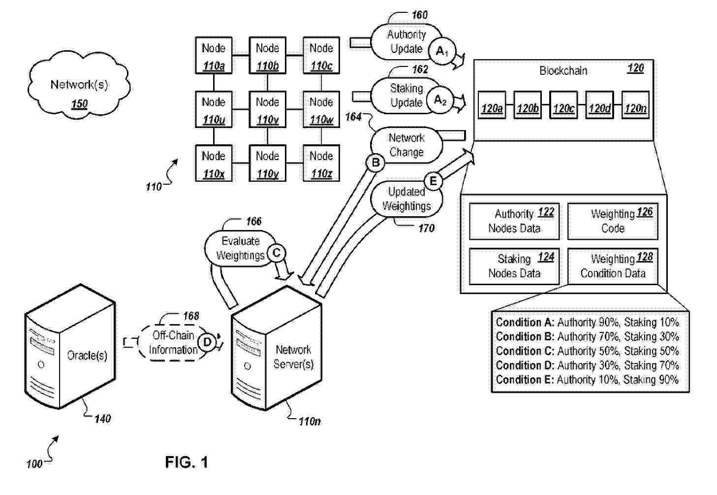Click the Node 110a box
[x=214, y=55]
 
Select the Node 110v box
[x=267, y=109]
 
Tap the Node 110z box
[x=321, y=163]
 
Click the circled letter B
[x=375, y=163]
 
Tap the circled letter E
[x=433, y=181]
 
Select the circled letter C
[x=277, y=253]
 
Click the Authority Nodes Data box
[x=514, y=221]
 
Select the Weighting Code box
[x=613, y=221]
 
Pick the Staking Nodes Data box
[x=514, y=266]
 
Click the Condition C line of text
[x=587, y=351]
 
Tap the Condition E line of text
[x=587, y=380]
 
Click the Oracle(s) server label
[x=87, y=356]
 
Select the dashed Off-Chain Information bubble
[x=173, y=343]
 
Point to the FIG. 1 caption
[x=187, y=462]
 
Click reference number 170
[x=426, y=228]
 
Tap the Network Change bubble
[x=406, y=145]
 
